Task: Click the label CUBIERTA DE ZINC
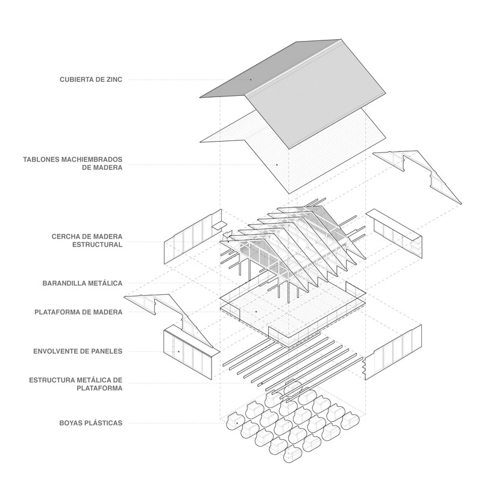point(91,79)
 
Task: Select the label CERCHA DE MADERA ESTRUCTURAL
point(87,240)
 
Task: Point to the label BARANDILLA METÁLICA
point(83,283)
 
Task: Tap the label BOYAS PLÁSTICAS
point(90,423)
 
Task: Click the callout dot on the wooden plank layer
point(277,165)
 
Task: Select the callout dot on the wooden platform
point(256,312)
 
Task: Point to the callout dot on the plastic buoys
point(239,423)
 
